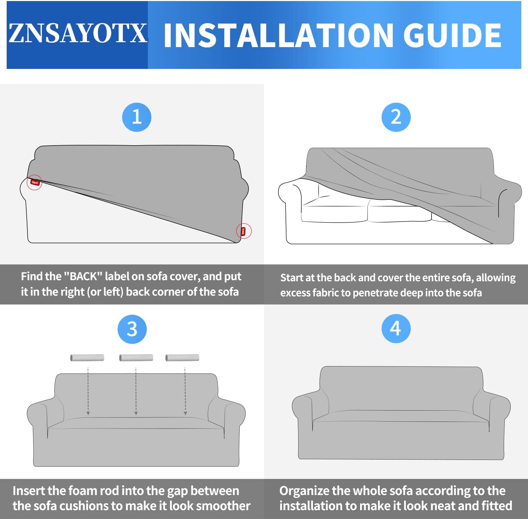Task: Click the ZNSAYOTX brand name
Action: point(78,33)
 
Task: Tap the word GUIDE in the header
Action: point(452,35)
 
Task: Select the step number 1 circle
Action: point(137,117)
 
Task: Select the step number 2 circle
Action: point(396,117)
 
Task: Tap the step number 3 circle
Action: point(132,329)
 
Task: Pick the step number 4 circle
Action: point(396,328)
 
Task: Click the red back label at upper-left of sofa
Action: point(35,182)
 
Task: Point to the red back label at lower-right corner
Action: point(243,231)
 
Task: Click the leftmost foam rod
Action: point(87,358)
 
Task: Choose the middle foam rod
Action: point(136,358)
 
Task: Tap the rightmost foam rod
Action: point(182,358)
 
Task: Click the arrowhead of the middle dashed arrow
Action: point(136,413)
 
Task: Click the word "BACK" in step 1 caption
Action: point(83,276)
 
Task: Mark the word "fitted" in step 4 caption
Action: point(497,506)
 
